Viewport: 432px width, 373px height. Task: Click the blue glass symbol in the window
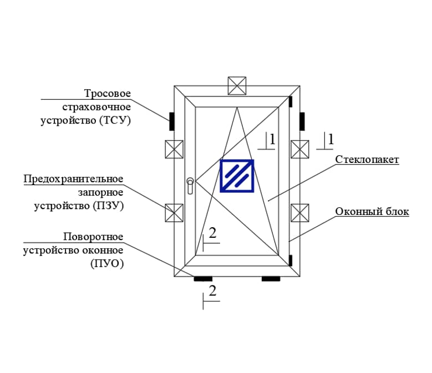[x=237, y=176]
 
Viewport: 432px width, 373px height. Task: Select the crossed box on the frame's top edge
[x=237, y=85]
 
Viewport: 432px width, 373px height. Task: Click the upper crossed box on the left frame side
[x=174, y=149]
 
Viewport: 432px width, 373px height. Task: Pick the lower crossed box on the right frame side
[x=300, y=212]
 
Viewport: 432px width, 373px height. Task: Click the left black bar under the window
[x=203, y=278]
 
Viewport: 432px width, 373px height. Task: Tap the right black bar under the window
[x=271, y=278]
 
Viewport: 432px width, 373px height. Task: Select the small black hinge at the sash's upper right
[x=290, y=101]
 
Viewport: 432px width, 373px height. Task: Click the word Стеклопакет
[x=367, y=160]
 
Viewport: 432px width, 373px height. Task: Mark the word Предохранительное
[x=73, y=178]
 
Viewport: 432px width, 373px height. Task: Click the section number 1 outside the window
[x=331, y=139]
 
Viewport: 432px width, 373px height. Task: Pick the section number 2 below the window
[x=212, y=290]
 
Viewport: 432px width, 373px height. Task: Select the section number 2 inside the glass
[x=212, y=233]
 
